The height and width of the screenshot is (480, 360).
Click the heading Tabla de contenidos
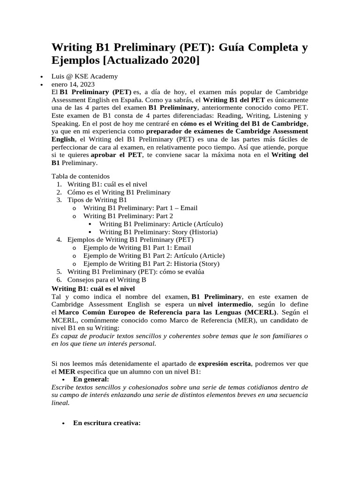point(80,176)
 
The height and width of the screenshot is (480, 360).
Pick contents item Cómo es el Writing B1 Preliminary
point(119,192)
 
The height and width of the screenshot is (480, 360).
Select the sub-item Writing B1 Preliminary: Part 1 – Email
point(140,208)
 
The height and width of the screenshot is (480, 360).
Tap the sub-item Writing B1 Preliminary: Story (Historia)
point(158,232)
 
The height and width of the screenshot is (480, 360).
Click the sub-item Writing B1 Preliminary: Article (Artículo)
point(161,224)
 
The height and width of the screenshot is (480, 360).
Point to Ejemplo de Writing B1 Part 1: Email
point(137,248)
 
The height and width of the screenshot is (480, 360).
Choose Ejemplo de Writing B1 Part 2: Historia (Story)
point(151,264)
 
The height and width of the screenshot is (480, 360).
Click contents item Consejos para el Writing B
point(107,280)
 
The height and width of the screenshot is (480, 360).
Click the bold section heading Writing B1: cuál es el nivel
point(93,288)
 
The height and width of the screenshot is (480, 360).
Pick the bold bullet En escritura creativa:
point(107,423)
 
